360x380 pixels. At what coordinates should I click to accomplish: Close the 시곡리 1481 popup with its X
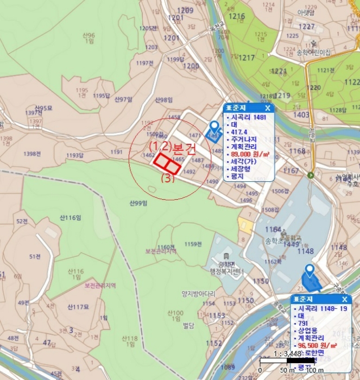267,107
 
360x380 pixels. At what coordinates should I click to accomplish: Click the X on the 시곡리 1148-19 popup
344,299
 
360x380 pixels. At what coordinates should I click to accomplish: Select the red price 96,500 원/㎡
317,345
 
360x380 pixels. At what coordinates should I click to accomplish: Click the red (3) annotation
167,178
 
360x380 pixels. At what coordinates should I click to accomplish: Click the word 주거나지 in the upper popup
243,139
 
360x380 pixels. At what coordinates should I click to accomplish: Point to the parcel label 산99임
138,204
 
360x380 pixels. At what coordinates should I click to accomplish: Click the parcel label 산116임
70,218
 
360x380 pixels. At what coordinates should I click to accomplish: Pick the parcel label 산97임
123,99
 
